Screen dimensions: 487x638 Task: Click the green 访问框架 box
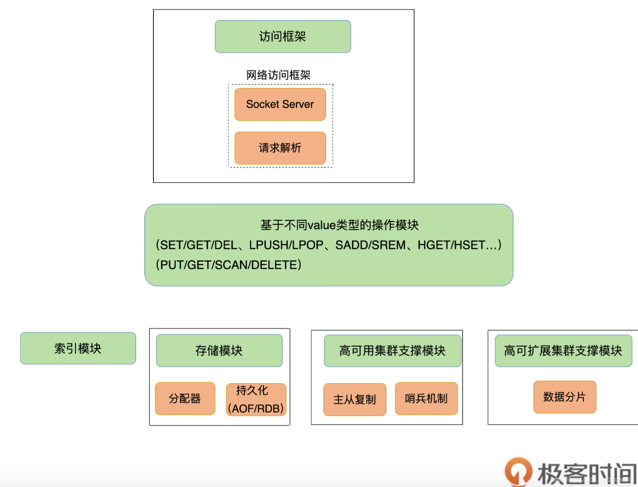pyautogui.click(x=283, y=36)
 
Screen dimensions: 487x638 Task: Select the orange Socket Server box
pyautogui.click(x=280, y=104)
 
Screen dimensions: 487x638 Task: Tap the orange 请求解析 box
pyautogui.click(x=280, y=148)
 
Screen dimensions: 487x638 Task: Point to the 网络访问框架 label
pyautogui.click(x=278, y=75)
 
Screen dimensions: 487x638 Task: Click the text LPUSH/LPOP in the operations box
pyautogui.click(x=286, y=245)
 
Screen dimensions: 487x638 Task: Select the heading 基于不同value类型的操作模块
pyautogui.click(x=339, y=225)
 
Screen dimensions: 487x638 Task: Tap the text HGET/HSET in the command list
pyautogui.click(x=451, y=245)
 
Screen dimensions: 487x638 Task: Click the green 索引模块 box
pyautogui.click(x=78, y=348)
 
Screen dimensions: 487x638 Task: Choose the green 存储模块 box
pyautogui.click(x=219, y=350)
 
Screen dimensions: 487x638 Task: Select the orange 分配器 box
pyautogui.click(x=185, y=399)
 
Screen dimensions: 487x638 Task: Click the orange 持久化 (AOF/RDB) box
pyautogui.click(x=256, y=399)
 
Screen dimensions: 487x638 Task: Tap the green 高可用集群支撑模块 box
pyautogui.click(x=392, y=350)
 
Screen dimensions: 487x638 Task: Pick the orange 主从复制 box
pyautogui.click(x=355, y=399)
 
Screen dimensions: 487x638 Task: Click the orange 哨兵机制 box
pyautogui.click(x=426, y=399)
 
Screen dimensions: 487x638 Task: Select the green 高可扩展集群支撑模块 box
pyautogui.click(x=563, y=350)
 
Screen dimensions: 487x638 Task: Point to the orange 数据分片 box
pyautogui.click(x=564, y=397)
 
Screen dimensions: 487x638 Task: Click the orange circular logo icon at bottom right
pyautogui.click(x=518, y=471)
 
